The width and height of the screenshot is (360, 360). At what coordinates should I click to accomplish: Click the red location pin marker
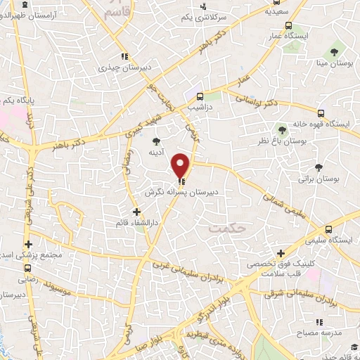[x=181, y=165]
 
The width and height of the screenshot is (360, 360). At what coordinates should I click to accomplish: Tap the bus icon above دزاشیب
[x=201, y=96]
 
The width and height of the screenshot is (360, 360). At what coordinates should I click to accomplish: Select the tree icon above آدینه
[x=156, y=141]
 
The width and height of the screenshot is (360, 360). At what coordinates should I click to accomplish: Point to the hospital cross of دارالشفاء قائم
[x=136, y=211]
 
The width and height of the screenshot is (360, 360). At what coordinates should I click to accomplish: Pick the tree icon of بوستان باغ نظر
[x=282, y=129]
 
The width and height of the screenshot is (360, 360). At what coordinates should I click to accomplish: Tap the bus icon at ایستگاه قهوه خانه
[x=321, y=112]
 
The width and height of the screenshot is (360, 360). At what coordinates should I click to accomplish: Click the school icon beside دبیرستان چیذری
[x=124, y=56]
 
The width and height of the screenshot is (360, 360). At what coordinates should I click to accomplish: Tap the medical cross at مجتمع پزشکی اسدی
[x=28, y=243]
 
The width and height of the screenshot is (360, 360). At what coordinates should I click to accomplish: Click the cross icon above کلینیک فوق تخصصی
[x=281, y=253]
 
